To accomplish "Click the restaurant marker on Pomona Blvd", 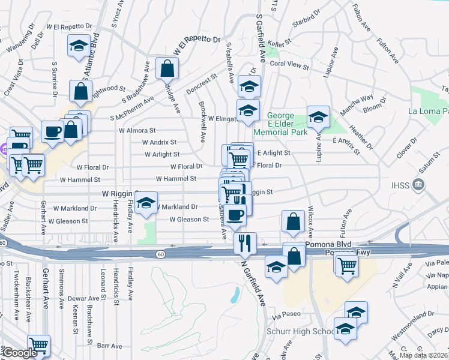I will (245, 242).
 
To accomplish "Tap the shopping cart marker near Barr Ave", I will (38, 345).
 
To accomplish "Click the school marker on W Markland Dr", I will (146, 203).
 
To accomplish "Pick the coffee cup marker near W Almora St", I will (52, 131).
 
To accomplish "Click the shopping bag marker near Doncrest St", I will (167, 68).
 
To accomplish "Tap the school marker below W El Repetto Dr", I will (78, 47).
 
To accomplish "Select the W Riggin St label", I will (120, 194).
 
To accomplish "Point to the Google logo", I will (20, 353).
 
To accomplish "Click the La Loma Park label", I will (428, 111).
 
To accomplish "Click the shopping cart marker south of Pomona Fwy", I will (347, 265).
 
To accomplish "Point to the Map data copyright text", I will (424, 355).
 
